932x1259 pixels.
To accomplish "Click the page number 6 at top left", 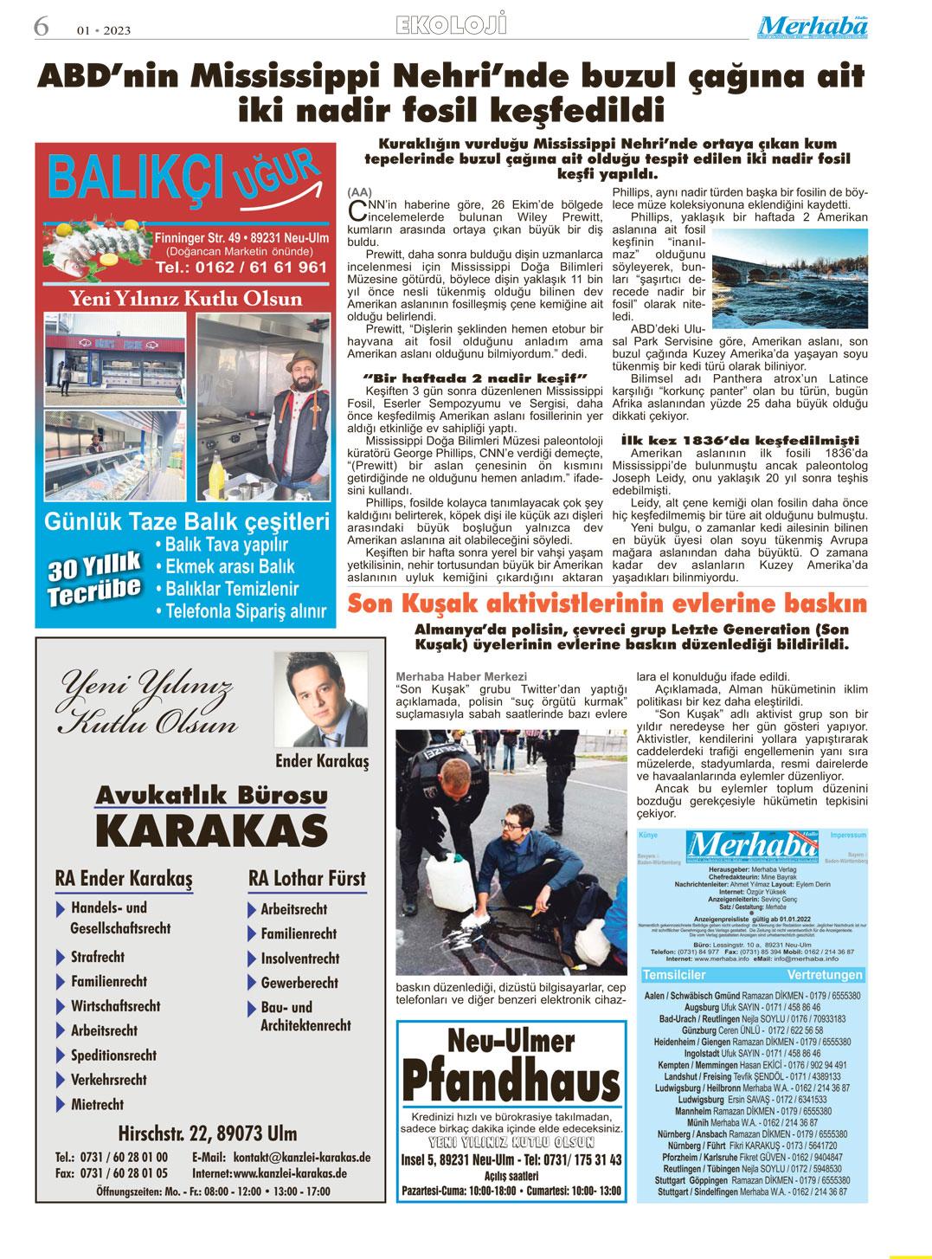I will pos(41,26).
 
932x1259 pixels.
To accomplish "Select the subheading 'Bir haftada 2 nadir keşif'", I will pos(476,378).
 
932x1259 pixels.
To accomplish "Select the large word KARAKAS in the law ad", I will pos(211,831).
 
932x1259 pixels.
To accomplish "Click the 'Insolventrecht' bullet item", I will pos(299,959).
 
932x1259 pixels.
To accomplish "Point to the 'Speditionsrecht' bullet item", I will pos(113,1056).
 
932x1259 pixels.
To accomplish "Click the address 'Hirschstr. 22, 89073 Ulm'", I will pos(207,1133).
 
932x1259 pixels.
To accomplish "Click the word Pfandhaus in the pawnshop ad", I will pos(510,1081).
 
